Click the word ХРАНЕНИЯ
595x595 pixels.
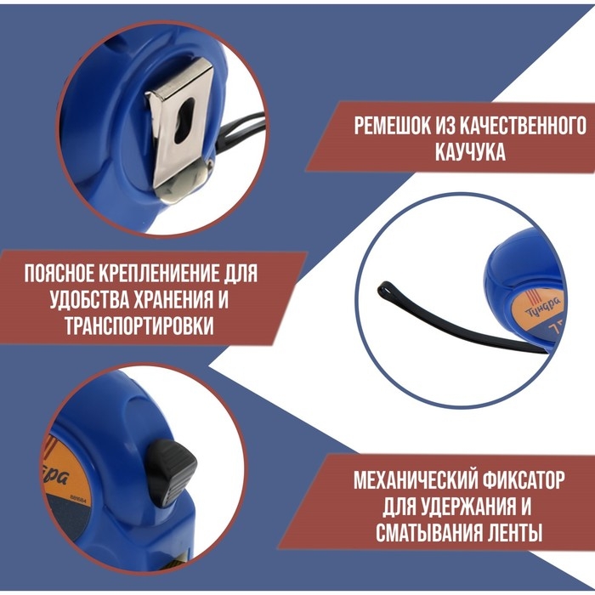181,301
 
